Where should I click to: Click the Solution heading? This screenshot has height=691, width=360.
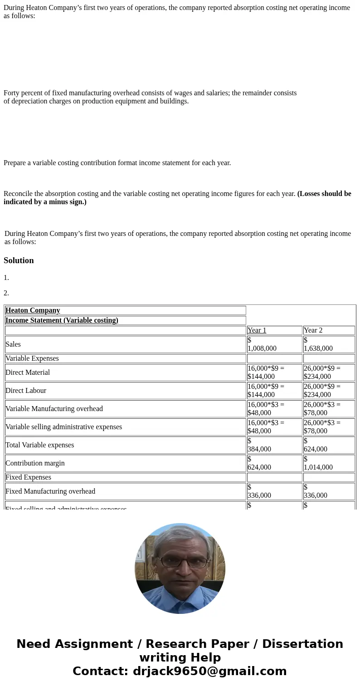[x=19, y=260]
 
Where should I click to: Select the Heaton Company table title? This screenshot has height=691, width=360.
[x=33, y=310]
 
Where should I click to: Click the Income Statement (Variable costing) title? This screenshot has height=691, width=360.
[x=62, y=320]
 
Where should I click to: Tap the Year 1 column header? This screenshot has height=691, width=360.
[x=257, y=330]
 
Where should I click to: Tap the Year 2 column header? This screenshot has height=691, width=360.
[x=313, y=330]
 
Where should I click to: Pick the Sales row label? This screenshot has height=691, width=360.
[x=13, y=344]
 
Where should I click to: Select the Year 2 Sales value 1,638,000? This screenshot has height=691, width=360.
[x=318, y=348]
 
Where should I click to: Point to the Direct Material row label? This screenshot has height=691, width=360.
[x=28, y=372]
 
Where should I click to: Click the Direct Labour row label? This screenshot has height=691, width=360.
[x=26, y=391]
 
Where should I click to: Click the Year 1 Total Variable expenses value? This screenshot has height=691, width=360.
[x=259, y=449]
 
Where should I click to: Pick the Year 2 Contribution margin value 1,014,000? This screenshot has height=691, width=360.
[x=318, y=467]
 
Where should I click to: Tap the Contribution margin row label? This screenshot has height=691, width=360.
[x=35, y=463]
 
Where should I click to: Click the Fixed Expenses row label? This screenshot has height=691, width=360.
[x=28, y=477]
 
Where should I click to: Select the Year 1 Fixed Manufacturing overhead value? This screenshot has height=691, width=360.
[x=259, y=495]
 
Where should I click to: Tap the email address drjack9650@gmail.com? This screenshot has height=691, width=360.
[x=209, y=671]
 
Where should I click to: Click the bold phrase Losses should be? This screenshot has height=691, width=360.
[x=324, y=194]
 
